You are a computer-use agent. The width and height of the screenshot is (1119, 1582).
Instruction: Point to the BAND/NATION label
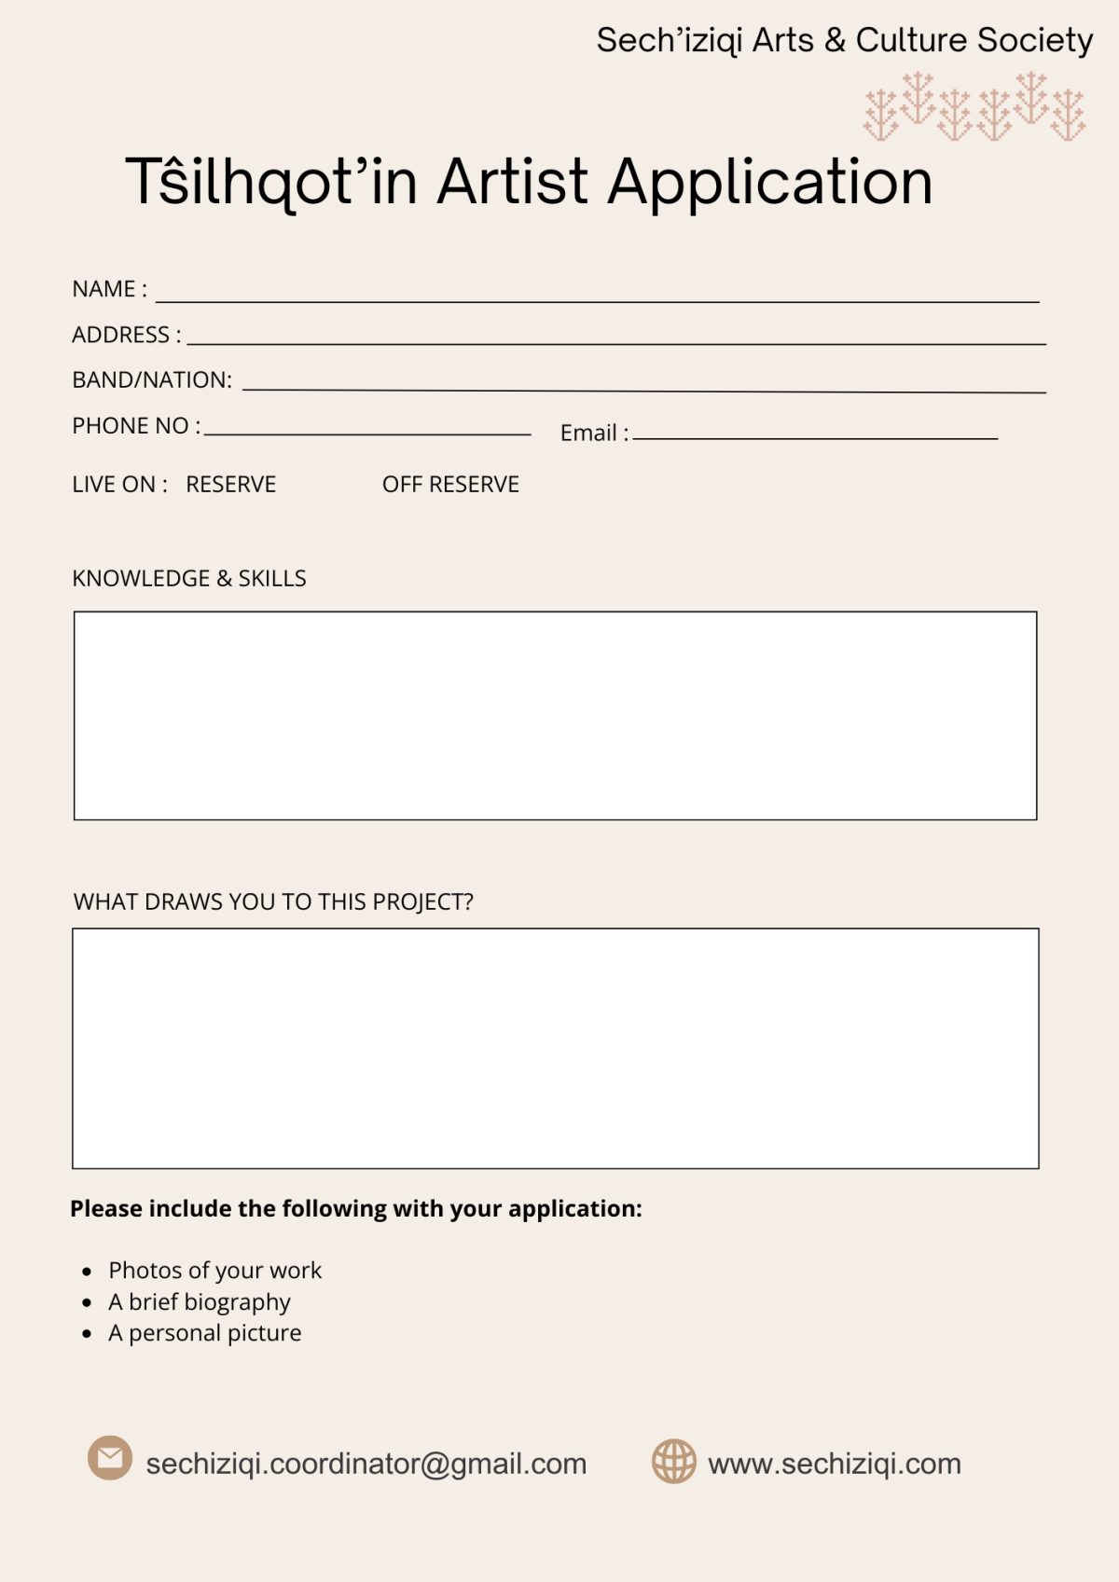coord(152,380)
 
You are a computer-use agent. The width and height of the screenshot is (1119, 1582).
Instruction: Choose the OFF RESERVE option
coord(450,485)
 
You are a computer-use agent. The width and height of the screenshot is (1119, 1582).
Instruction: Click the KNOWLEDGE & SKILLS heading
coord(189,579)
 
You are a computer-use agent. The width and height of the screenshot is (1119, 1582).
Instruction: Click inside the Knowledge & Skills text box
coord(555,716)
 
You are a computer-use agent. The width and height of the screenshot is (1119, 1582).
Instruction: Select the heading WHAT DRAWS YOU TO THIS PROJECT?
coord(273,902)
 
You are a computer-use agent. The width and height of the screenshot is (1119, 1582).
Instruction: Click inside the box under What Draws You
coord(555,1048)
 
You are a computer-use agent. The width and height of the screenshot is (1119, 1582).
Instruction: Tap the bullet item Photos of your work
coord(214,1271)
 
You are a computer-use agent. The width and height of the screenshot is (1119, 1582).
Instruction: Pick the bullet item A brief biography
coord(200,1302)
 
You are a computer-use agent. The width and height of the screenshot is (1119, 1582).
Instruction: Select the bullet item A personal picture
coord(205,1333)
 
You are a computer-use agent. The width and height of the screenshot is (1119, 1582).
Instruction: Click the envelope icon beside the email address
coord(110,1457)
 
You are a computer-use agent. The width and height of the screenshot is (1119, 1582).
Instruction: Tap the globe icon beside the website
coord(673,1461)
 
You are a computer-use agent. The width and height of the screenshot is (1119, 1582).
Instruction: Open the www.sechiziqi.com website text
coord(835,1464)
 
